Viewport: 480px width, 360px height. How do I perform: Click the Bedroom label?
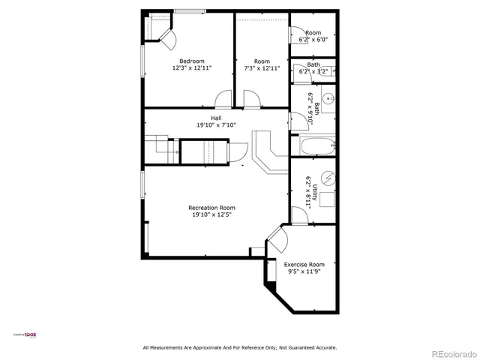pyautogui.click(x=191, y=61)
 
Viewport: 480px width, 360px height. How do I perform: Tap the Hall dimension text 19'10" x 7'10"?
pyautogui.click(x=216, y=125)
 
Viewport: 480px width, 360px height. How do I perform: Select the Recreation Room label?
pyautogui.click(x=211, y=208)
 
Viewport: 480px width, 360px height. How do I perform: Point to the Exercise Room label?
pyautogui.click(x=304, y=264)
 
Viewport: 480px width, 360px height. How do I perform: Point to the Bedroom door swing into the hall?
pyautogui.click(x=223, y=100)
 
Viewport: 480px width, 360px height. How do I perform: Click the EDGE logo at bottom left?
pyautogui.click(x=31, y=334)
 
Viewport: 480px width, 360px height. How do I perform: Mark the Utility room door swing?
pyautogui.click(x=298, y=216)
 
